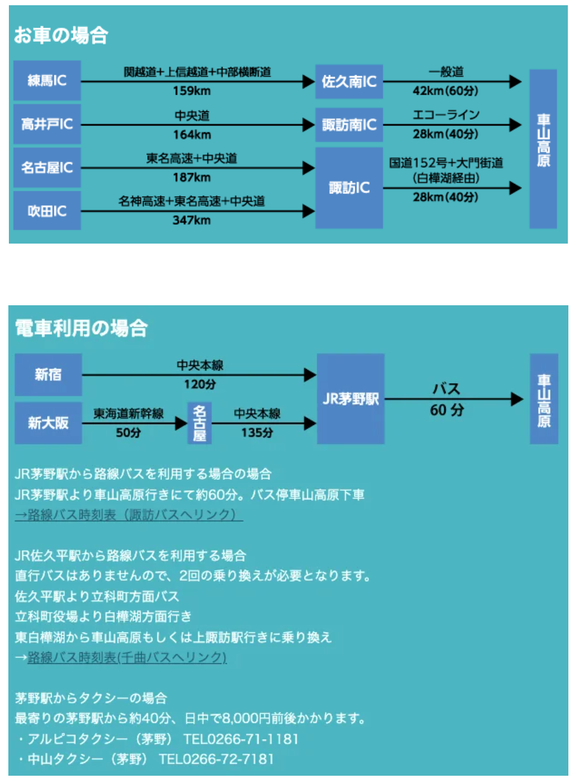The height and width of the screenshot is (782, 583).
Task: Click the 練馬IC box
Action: (47, 80)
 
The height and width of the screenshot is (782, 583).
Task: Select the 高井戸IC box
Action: (47, 124)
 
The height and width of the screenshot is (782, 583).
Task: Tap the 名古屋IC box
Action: (47, 167)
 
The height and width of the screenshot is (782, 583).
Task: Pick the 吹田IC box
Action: (47, 211)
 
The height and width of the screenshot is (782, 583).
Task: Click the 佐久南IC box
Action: (349, 82)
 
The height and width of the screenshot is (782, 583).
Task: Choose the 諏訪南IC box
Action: (349, 125)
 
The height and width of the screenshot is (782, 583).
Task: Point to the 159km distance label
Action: (192, 91)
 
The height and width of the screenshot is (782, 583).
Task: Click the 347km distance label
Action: (192, 220)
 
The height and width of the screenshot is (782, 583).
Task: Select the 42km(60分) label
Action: (445, 91)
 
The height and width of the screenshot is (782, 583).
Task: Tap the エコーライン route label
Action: (446, 114)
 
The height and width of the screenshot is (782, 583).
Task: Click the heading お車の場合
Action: (61, 36)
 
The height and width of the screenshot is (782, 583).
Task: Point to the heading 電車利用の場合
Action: (81, 328)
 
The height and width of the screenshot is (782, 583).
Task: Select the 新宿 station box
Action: (48, 374)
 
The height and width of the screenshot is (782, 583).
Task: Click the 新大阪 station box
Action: (48, 423)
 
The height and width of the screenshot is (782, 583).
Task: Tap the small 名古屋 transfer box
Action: (200, 423)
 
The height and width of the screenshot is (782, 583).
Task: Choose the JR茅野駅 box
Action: (351, 399)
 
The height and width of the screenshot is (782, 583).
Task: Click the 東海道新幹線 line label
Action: (129, 413)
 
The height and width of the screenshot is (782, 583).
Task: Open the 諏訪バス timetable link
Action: (129, 515)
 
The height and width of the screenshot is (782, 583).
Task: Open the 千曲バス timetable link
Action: (126, 657)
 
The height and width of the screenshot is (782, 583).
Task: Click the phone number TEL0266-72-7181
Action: (216, 759)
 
